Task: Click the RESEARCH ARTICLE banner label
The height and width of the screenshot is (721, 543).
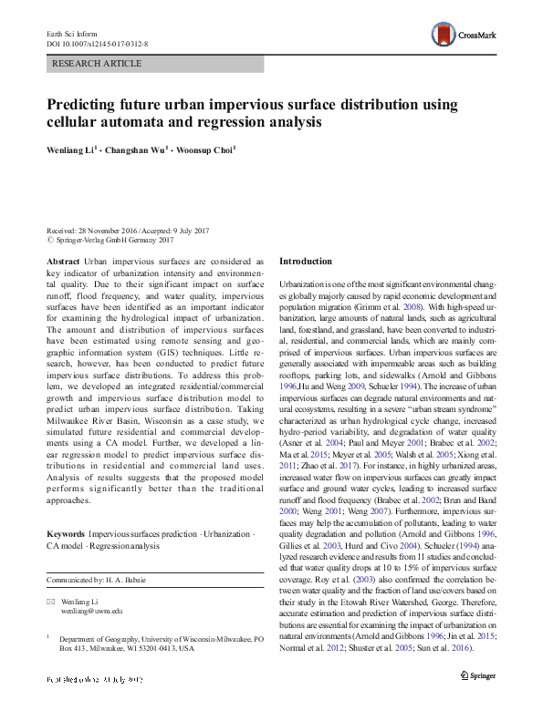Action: click(99, 64)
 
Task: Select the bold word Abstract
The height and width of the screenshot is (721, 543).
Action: click(62, 261)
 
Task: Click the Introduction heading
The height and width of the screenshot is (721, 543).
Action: click(306, 261)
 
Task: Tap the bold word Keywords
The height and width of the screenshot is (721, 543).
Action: click(66, 531)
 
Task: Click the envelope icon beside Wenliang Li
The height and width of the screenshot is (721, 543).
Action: click(51, 603)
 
